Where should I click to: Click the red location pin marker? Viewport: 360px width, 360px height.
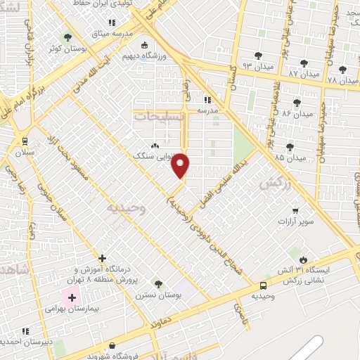[181, 165]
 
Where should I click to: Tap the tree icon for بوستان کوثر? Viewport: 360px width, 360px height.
[67, 37]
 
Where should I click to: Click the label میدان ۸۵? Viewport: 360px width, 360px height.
[291, 157]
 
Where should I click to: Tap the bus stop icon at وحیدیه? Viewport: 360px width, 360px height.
[263, 285]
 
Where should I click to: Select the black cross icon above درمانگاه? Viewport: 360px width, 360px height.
[103, 259]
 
